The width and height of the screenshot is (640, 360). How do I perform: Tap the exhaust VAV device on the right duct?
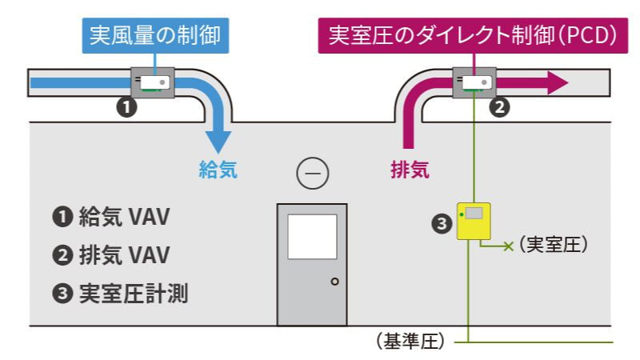[x=475, y=82]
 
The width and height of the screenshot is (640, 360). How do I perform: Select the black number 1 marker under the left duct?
[x=126, y=105]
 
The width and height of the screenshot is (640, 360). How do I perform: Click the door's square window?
[x=312, y=236]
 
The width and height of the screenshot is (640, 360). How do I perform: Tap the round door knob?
[x=334, y=281]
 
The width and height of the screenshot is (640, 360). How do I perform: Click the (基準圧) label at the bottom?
[x=409, y=342]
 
